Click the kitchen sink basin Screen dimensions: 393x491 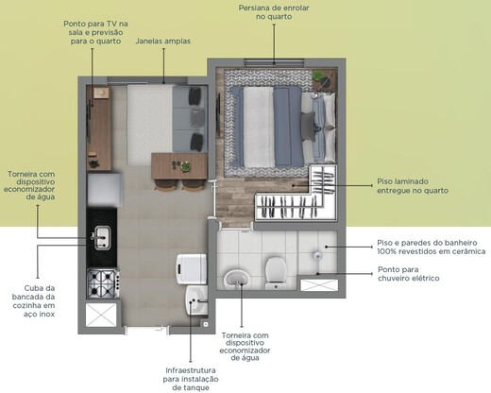click(x=101, y=235)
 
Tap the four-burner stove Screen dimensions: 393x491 click(x=101, y=281)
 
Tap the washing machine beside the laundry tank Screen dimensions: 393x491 click(x=191, y=266)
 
